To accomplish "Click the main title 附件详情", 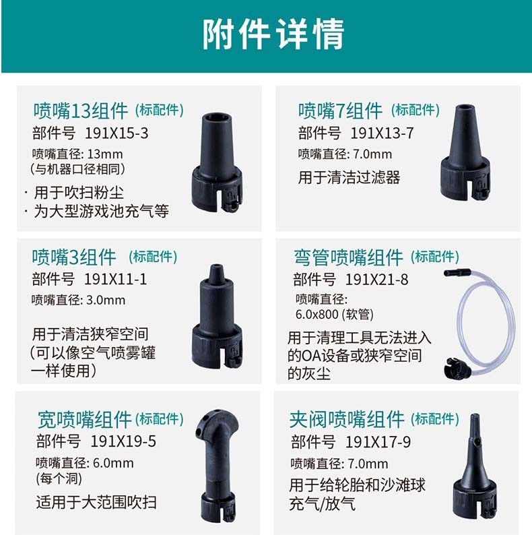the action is [273, 34].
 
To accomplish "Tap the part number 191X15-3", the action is [117, 133].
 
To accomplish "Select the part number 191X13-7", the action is [382, 133].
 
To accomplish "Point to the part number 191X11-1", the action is [115, 279].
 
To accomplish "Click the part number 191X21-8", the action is [377, 280].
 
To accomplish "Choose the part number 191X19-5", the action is [123, 441].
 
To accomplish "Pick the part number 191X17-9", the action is [378, 442].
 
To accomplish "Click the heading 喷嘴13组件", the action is [81, 111].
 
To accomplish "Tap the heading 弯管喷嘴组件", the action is [349, 257].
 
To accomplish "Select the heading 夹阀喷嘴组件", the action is [347, 419].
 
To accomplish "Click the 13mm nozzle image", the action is [217, 163].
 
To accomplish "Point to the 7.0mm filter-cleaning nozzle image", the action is [465, 152].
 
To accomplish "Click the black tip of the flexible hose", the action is [457, 273].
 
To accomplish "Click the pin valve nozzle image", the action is [474, 467].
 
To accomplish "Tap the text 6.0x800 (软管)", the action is [334, 314].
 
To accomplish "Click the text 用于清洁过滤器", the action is [349, 177].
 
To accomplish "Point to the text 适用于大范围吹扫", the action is [96, 502].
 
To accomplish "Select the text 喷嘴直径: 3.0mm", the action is [78, 301].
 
